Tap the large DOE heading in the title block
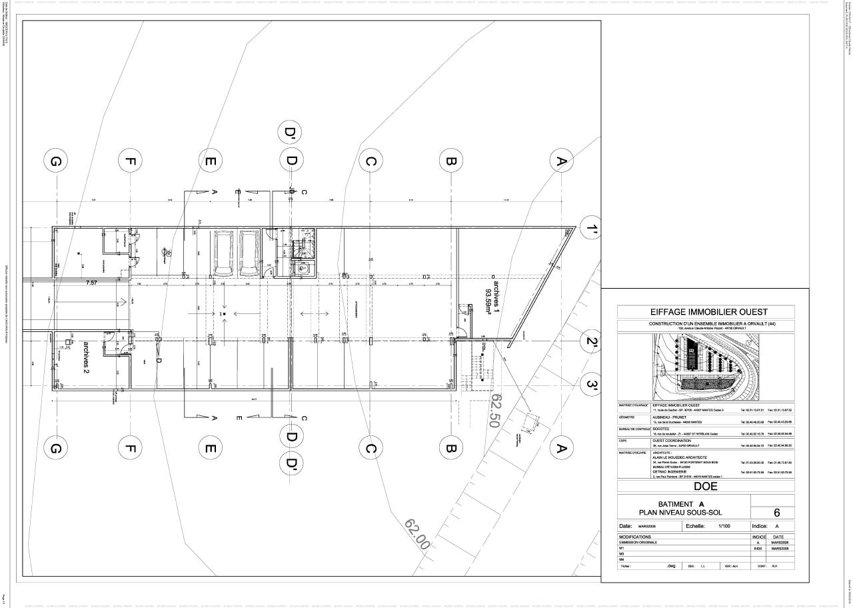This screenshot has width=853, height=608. click(706, 486)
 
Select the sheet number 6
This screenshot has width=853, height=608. click(776, 513)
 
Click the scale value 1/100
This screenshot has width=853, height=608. click(724, 526)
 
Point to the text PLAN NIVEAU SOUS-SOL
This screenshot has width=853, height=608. click(680, 512)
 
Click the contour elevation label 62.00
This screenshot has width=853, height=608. click(417, 533)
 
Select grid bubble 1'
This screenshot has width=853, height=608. click(591, 229)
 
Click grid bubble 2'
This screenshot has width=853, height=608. click(591, 343)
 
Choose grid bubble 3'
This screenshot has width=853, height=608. click(591, 385)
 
